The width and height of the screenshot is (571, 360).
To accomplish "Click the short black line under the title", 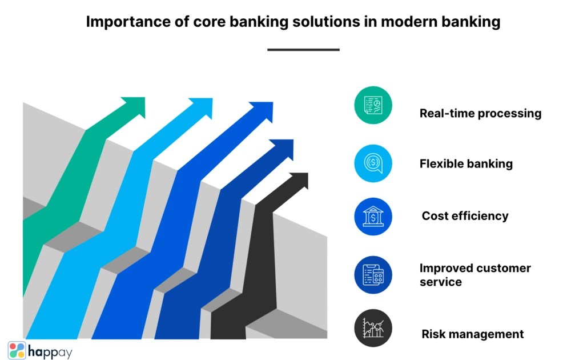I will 303,50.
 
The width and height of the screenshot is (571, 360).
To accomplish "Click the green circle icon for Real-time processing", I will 373,105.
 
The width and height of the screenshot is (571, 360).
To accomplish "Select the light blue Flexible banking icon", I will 373,163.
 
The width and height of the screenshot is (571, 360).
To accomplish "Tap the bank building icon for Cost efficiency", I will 373,217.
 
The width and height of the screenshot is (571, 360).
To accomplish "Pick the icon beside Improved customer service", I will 373,275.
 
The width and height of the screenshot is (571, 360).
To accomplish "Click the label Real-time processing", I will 480,113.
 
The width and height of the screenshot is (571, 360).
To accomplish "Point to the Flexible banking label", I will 466,164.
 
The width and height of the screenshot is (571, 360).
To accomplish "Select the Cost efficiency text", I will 465,216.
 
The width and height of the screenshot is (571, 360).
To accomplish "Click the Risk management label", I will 472,334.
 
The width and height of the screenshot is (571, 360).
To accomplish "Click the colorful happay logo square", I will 17,350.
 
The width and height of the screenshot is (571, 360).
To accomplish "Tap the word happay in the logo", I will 50,351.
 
